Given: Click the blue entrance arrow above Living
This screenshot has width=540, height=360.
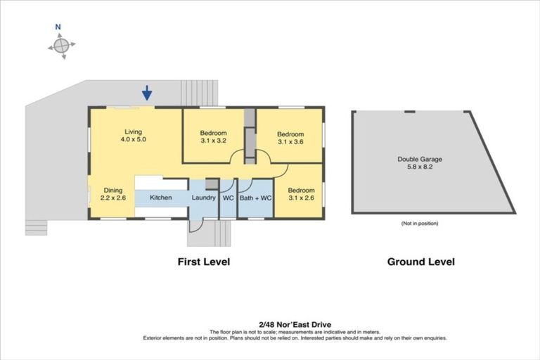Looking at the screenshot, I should (146, 92).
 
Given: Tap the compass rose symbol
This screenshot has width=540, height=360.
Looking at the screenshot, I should (61, 46).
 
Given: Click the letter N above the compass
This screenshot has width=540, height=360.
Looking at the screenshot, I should (58, 27).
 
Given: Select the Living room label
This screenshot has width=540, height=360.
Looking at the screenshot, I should (134, 132).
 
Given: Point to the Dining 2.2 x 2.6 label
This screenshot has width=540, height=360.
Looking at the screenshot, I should (113, 194).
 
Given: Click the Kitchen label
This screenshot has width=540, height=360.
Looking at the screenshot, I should (161, 198).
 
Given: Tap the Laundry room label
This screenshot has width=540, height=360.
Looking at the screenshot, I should (203, 198).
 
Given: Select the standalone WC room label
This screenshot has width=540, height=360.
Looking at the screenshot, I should (228, 198).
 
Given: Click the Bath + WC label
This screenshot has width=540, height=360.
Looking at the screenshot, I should (255, 198).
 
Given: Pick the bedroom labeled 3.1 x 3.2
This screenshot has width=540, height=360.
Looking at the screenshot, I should (213, 138).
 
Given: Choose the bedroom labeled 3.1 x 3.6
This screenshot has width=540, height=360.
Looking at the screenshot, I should (290, 139).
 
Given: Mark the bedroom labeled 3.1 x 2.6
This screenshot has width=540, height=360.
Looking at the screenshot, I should (300, 194).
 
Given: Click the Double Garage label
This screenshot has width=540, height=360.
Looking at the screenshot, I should (420, 159).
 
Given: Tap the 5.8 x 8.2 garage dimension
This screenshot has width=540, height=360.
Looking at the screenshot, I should (420, 168).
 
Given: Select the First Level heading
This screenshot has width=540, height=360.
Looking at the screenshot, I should (203, 262).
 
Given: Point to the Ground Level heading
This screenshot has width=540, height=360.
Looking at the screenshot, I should (420, 262).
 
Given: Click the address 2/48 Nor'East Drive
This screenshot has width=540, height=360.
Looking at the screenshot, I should (269, 324).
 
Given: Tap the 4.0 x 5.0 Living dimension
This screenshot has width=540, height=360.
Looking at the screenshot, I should (134, 140).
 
